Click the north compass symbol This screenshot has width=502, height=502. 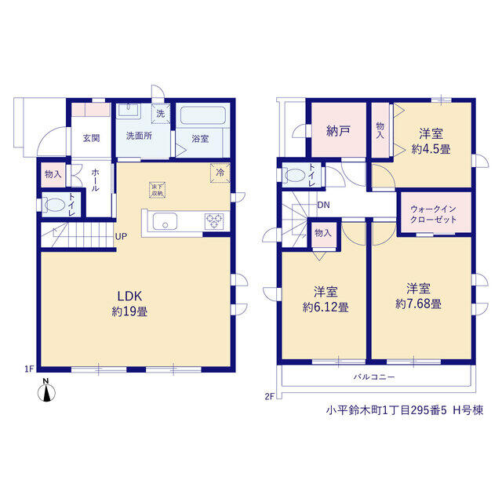click(46, 391)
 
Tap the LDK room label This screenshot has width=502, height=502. click(129, 296)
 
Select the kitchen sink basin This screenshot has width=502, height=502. click(165, 221)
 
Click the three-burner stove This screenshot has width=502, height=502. click(214, 221)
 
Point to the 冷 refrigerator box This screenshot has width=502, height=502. click(220, 173)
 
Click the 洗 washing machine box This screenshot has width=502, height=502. click(161, 114)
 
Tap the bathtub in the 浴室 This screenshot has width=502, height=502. click(203, 116)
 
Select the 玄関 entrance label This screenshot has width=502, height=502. click(91, 138)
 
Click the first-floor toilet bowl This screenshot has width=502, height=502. click(55, 205)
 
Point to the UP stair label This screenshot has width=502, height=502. click(121, 237)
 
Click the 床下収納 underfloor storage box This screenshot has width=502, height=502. click(157, 190)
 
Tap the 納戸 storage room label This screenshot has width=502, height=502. click(338, 131)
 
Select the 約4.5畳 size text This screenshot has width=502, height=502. click(431, 149)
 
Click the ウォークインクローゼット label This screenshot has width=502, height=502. click(433, 214)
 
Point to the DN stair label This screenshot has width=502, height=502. click(323, 205)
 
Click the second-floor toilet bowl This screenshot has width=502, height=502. click(295, 176)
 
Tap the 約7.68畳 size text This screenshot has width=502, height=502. click(418, 304)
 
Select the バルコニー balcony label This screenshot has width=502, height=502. click(374, 377)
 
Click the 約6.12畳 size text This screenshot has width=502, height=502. click(326, 307)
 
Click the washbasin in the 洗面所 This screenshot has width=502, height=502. click(129, 110)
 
